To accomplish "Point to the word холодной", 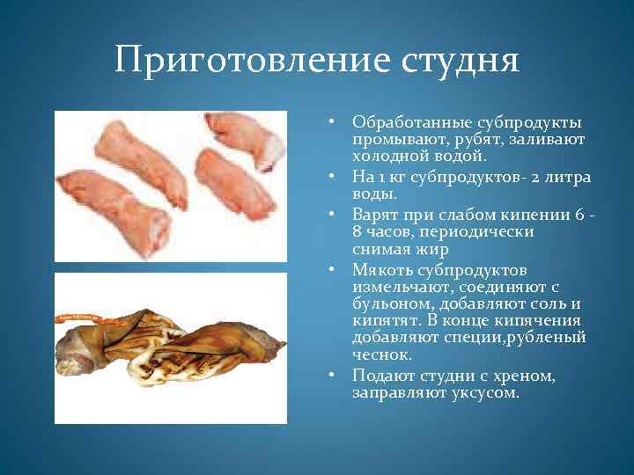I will coord(390,156).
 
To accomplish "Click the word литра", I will coord(570,177).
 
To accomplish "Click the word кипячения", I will coord(548,321).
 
